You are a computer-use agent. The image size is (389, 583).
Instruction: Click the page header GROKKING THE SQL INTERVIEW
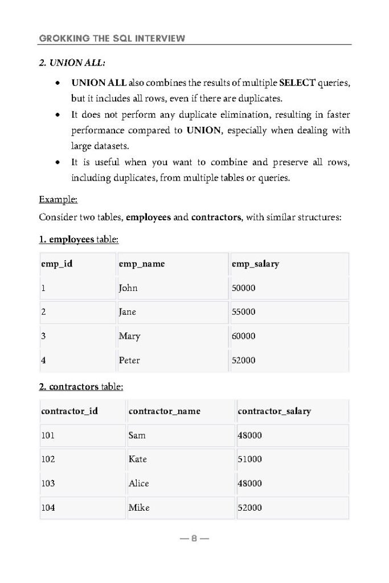[x=112, y=38]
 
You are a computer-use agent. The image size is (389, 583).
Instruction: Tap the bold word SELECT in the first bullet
[x=297, y=83]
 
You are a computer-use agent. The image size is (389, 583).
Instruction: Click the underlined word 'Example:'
[x=58, y=200]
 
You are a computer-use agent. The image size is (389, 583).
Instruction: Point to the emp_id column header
[x=57, y=264]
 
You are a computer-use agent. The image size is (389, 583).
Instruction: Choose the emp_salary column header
[x=256, y=264]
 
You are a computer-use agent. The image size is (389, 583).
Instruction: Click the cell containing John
[x=128, y=288]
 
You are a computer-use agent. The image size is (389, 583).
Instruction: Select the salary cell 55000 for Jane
[x=244, y=312]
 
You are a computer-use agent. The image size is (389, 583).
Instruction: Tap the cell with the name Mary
[x=129, y=336]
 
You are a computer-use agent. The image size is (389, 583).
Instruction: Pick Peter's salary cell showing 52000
[x=244, y=360]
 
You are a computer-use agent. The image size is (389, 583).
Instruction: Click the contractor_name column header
[x=165, y=411]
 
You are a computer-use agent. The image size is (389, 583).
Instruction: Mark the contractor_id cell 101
[x=48, y=436]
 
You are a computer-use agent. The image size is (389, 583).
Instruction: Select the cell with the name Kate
[x=138, y=459]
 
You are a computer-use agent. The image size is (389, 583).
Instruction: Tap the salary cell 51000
[x=249, y=459]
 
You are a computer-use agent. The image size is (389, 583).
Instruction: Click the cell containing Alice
[x=139, y=483]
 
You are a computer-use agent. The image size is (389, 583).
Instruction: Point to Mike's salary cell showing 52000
[x=249, y=507]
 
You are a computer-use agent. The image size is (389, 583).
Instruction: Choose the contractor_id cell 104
[x=48, y=507]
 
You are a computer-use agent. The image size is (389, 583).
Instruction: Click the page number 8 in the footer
[x=194, y=539]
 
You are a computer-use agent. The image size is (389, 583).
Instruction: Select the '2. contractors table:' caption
[x=81, y=387]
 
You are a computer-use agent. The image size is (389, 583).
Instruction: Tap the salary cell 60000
[x=244, y=336]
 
